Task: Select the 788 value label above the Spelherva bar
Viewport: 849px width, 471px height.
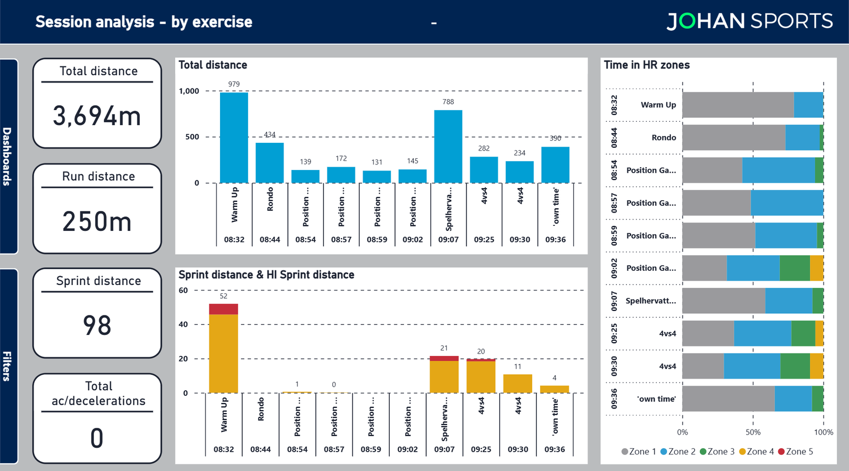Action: [448, 102]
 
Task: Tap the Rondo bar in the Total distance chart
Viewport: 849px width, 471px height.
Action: [270, 163]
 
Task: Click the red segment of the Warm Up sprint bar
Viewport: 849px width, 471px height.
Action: [223, 309]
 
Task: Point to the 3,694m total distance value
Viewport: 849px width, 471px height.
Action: [97, 116]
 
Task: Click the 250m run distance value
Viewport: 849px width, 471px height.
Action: [97, 221]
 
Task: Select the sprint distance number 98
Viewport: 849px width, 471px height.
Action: [97, 325]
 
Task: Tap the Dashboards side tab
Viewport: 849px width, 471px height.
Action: [8, 156]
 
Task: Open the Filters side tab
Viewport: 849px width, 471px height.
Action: [8, 366]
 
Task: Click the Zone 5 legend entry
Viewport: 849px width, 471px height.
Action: [795, 452]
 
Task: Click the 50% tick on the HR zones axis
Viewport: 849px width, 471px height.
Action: [753, 432]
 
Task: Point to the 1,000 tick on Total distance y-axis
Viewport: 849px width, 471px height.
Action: [189, 91]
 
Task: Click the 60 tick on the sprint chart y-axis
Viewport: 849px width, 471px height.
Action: [184, 291]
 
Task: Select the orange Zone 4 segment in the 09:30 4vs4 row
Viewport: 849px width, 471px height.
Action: [816, 366]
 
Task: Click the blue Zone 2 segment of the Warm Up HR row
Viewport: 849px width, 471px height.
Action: [808, 105]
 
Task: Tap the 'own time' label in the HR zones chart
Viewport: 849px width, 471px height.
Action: [656, 399]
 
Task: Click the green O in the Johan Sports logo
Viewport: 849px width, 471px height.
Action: [686, 22]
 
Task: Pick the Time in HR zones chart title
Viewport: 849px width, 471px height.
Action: [647, 65]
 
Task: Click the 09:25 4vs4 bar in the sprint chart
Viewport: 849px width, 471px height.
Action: [481, 376]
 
